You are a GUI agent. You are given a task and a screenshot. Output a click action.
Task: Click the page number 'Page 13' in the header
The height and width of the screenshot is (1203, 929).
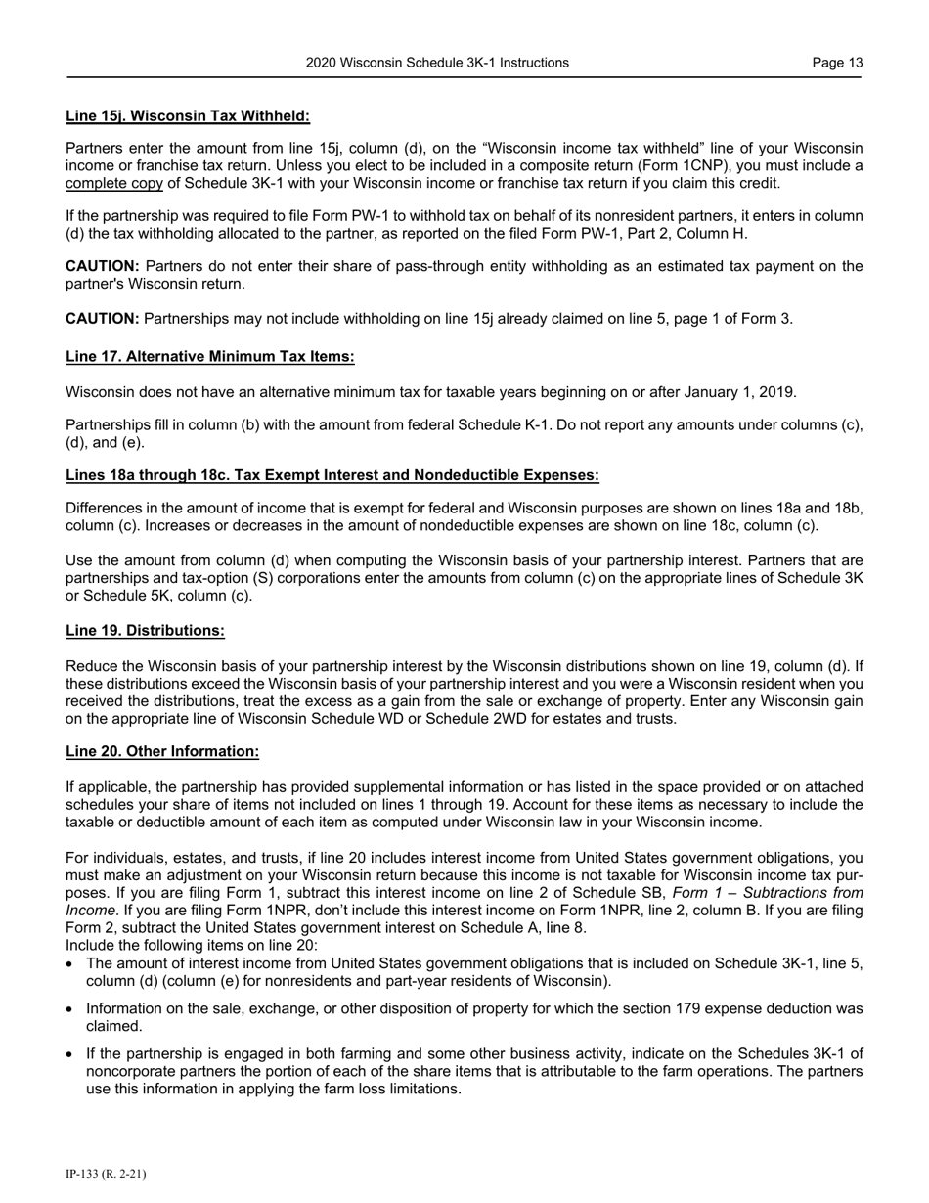pos(837,63)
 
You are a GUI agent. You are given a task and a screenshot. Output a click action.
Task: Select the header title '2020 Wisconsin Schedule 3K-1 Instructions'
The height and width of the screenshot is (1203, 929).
pos(437,63)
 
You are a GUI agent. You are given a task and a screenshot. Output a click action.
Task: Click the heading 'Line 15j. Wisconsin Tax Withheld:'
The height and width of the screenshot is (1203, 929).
pos(188,116)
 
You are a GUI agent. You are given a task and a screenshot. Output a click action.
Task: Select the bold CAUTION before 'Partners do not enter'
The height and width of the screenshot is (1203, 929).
pos(103,266)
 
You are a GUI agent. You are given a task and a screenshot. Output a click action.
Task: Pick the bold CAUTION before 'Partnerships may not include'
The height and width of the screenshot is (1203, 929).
pos(103,318)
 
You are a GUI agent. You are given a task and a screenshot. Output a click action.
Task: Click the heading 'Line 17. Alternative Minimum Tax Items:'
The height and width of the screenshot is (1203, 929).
pos(210,356)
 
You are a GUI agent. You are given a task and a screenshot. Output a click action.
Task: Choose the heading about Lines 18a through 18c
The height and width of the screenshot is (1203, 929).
pos(332,475)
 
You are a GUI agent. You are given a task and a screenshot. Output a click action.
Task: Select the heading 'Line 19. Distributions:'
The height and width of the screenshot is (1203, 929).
pos(145,631)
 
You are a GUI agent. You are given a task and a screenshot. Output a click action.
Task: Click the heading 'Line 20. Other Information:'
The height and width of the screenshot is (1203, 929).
pos(162,751)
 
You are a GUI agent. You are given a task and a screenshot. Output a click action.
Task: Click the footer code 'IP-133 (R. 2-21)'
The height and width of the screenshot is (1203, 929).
pos(106,1174)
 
